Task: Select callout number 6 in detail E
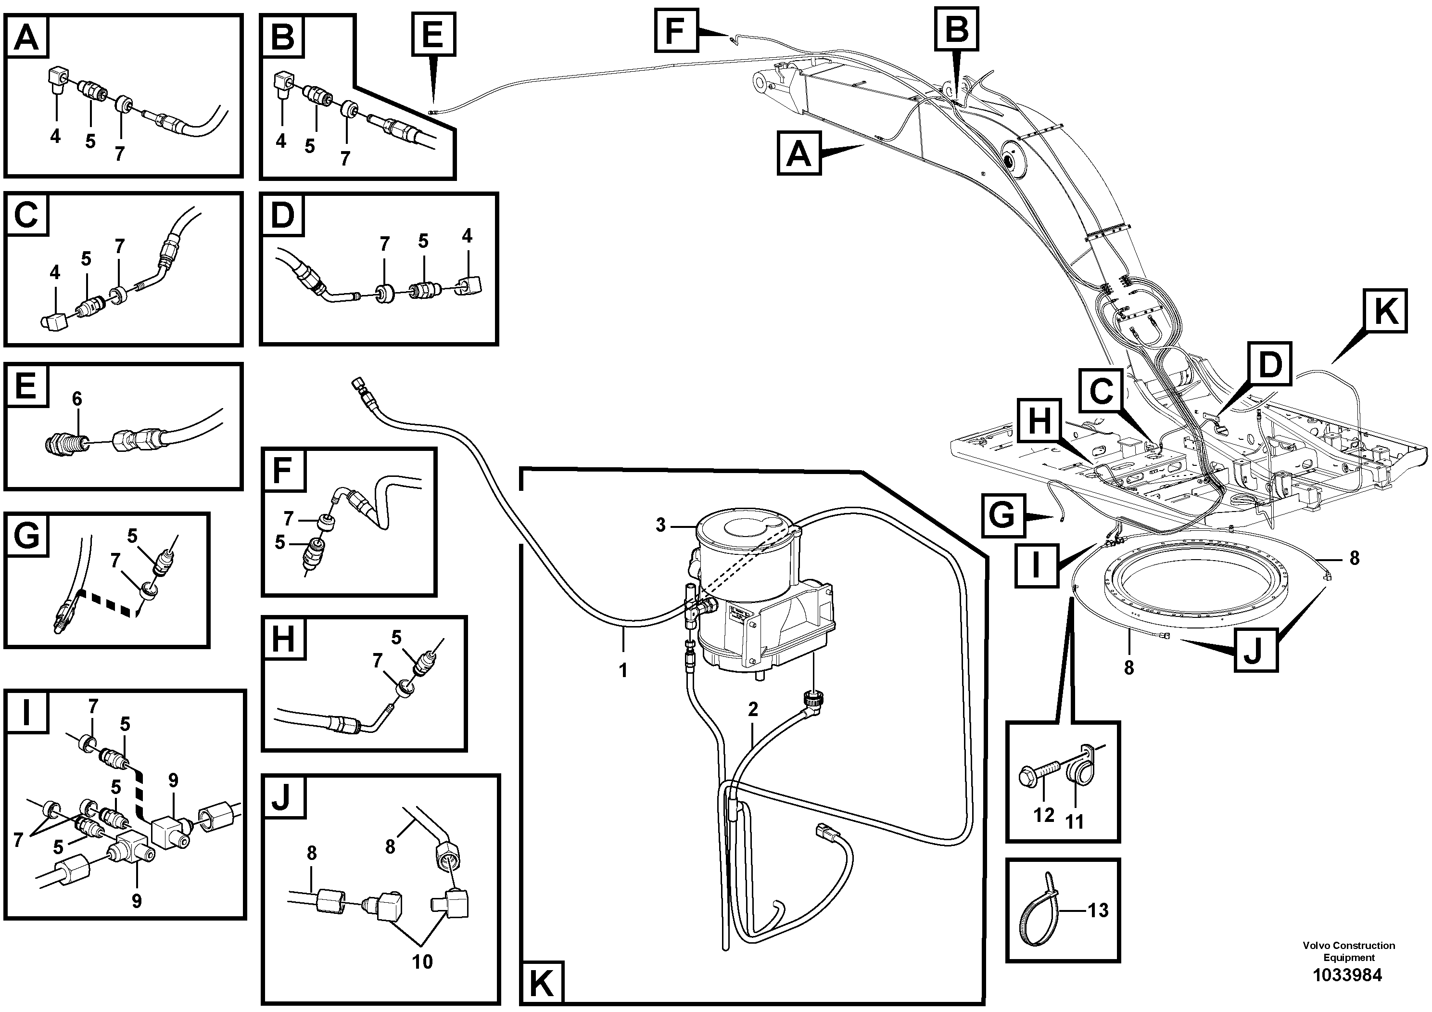[76, 398]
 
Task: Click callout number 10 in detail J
[422, 961]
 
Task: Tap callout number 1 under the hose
[622, 671]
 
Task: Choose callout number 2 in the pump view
[753, 709]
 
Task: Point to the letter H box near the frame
[1039, 421]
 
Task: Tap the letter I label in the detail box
[26, 713]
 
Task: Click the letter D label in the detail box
[282, 215]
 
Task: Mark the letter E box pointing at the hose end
[433, 34]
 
